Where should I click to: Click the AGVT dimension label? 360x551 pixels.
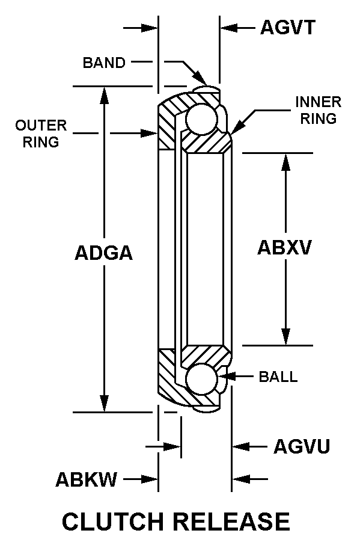[288, 28]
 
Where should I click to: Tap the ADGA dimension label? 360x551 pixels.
[104, 253]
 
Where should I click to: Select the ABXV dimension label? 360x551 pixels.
[284, 247]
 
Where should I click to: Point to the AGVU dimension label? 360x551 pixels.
[302, 446]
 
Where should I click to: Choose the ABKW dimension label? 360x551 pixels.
[86, 479]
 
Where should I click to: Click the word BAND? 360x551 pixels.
[104, 63]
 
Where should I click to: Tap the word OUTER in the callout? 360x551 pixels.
[41, 126]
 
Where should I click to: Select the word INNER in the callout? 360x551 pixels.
[318, 102]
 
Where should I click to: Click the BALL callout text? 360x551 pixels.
[278, 377]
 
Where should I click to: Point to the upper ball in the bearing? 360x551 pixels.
[201, 119]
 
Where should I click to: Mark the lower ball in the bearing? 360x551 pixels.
[201, 379]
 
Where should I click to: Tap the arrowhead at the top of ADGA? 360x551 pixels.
[104, 95]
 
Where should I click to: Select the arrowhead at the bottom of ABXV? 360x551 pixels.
[286, 337]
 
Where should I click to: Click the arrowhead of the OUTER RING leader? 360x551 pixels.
[149, 133]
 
